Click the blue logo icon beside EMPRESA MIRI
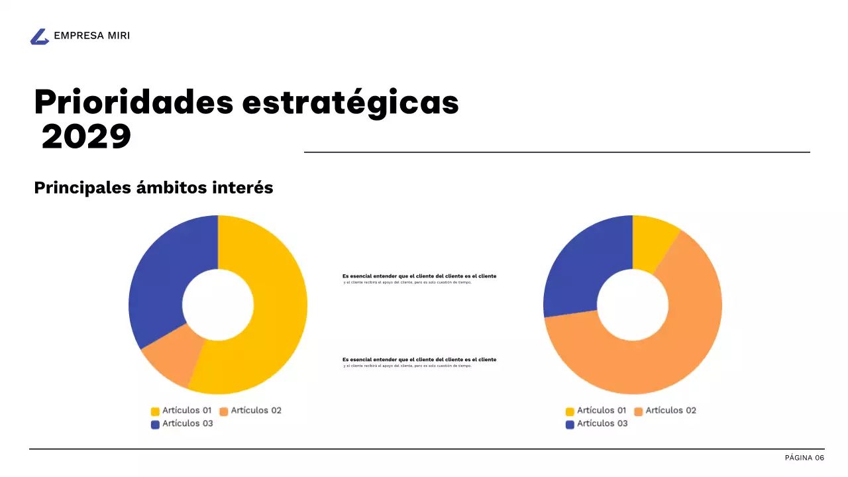[x=40, y=37]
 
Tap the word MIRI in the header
[x=119, y=36]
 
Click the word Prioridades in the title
[x=133, y=103]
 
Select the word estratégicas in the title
[x=350, y=103]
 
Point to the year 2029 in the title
[x=86, y=137]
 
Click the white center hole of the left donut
[x=218, y=305]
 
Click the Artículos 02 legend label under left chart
[x=256, y=411]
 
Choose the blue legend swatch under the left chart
[x=156, y=425]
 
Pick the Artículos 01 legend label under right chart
[x=602, y=411]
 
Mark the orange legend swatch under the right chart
[x=639, y=411]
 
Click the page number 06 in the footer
[x=820, y=458]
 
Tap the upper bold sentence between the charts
[x=419, y=276]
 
